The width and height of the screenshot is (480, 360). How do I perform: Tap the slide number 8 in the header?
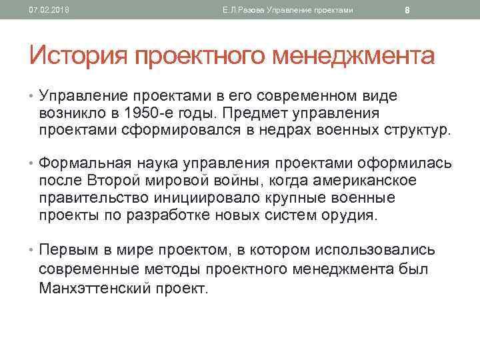pos(407,10)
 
